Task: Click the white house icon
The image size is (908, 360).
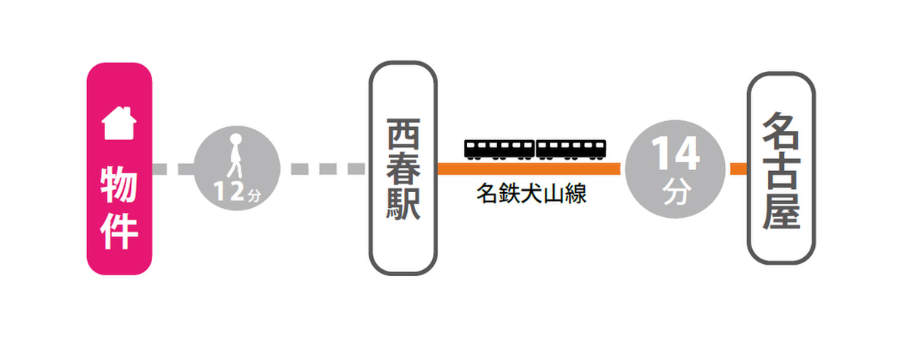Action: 120,123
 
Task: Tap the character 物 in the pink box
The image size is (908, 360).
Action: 120,185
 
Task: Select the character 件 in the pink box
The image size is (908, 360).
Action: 120,232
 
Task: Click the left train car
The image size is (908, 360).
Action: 499,149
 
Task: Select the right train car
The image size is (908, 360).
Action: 571,149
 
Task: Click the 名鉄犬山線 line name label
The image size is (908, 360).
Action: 532,194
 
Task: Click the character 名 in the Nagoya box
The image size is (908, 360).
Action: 781,130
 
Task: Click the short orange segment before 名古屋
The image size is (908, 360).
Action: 738,169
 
